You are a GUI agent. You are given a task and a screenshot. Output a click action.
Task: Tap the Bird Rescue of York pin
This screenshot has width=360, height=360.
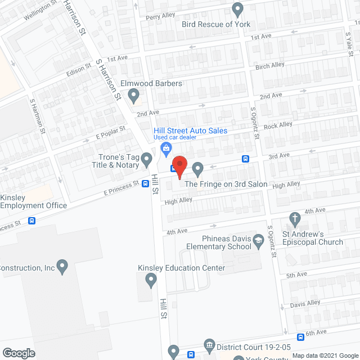click(x=238, y=9)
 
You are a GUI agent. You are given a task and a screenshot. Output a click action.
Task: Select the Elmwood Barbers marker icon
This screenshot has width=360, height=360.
click(x=134, y=97)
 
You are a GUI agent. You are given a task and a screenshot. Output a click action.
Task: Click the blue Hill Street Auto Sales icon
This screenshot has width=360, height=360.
click(x=166, y=148)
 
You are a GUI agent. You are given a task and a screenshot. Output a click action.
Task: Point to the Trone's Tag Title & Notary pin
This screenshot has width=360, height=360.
click(x=147, y=160)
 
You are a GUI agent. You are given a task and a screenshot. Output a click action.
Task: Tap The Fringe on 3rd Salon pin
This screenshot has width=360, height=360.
click(x=198, y=168)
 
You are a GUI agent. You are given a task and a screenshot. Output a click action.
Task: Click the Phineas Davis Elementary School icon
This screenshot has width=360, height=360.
click(x=258, y=241)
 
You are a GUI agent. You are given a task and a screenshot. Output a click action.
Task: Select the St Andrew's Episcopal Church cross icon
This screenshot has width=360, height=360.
click(x=294, y=218)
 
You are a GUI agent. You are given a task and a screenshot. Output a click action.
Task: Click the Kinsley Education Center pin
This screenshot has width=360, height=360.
click(x=151, y=280)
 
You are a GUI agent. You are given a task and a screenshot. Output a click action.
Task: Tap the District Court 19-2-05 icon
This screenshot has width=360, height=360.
click(x=209, y=344)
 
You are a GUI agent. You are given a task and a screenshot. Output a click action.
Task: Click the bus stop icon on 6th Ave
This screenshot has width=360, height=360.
click(x=301, y=337)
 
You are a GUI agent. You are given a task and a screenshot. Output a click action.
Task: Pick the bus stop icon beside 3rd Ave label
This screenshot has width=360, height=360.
click(x=246, y=159)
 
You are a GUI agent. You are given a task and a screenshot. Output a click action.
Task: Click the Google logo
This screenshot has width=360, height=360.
click(x=18, y=353)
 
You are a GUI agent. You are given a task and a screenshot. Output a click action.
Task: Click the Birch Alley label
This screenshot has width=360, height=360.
click(x=270, y=66)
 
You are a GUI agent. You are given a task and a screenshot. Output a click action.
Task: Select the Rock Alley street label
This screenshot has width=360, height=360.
click(x=278, y=125)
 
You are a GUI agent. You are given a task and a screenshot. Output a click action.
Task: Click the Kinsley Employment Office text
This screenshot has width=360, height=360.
click(x=34, y=201)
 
